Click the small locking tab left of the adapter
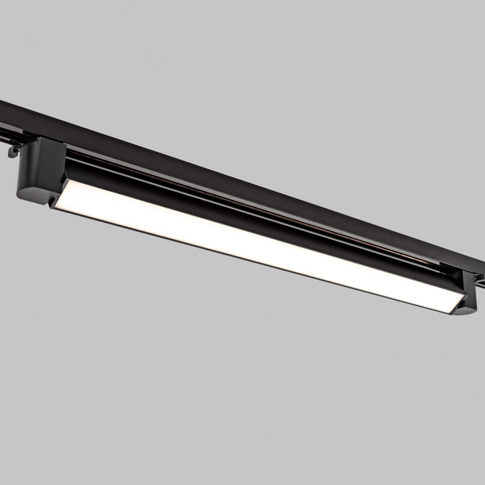(x=12, y=153)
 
